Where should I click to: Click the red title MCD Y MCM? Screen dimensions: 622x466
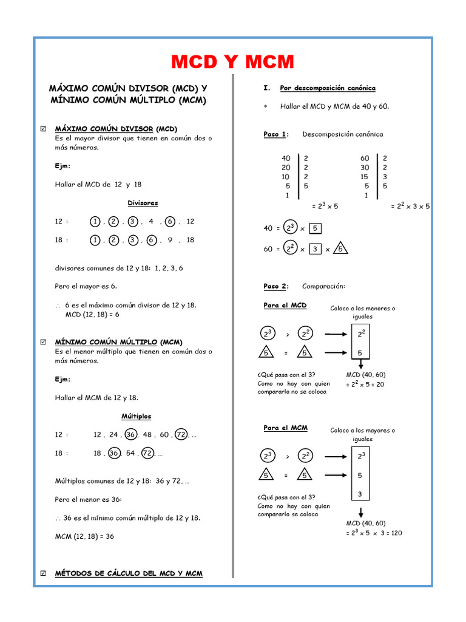pos(232,61)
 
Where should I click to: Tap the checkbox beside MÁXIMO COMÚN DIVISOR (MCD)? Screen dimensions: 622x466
pos(42,129)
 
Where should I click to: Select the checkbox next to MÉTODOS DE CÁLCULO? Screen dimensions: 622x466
pos(42,573)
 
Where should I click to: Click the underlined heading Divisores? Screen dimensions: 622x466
pos(143,203)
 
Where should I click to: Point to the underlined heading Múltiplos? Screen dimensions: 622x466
pos(136,416)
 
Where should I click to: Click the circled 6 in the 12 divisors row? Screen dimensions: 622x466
pos(169,222)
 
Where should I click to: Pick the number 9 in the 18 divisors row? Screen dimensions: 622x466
pos(171,240)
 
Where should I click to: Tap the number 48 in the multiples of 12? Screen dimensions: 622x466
pos(147,435)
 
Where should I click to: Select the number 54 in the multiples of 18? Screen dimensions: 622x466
pos(130,453)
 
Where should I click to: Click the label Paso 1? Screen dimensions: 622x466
pos(276,134)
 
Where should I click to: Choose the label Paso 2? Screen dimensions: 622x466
pos(276,286)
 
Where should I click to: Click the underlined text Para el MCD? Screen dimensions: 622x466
pos(285,306)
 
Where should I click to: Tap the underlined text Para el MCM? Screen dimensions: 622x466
pos(285,428)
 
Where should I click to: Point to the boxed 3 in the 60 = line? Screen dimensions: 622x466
pos(314,249)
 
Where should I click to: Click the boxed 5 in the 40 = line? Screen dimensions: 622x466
pos(316,228)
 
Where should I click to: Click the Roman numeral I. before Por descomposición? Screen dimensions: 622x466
pos(266,88)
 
